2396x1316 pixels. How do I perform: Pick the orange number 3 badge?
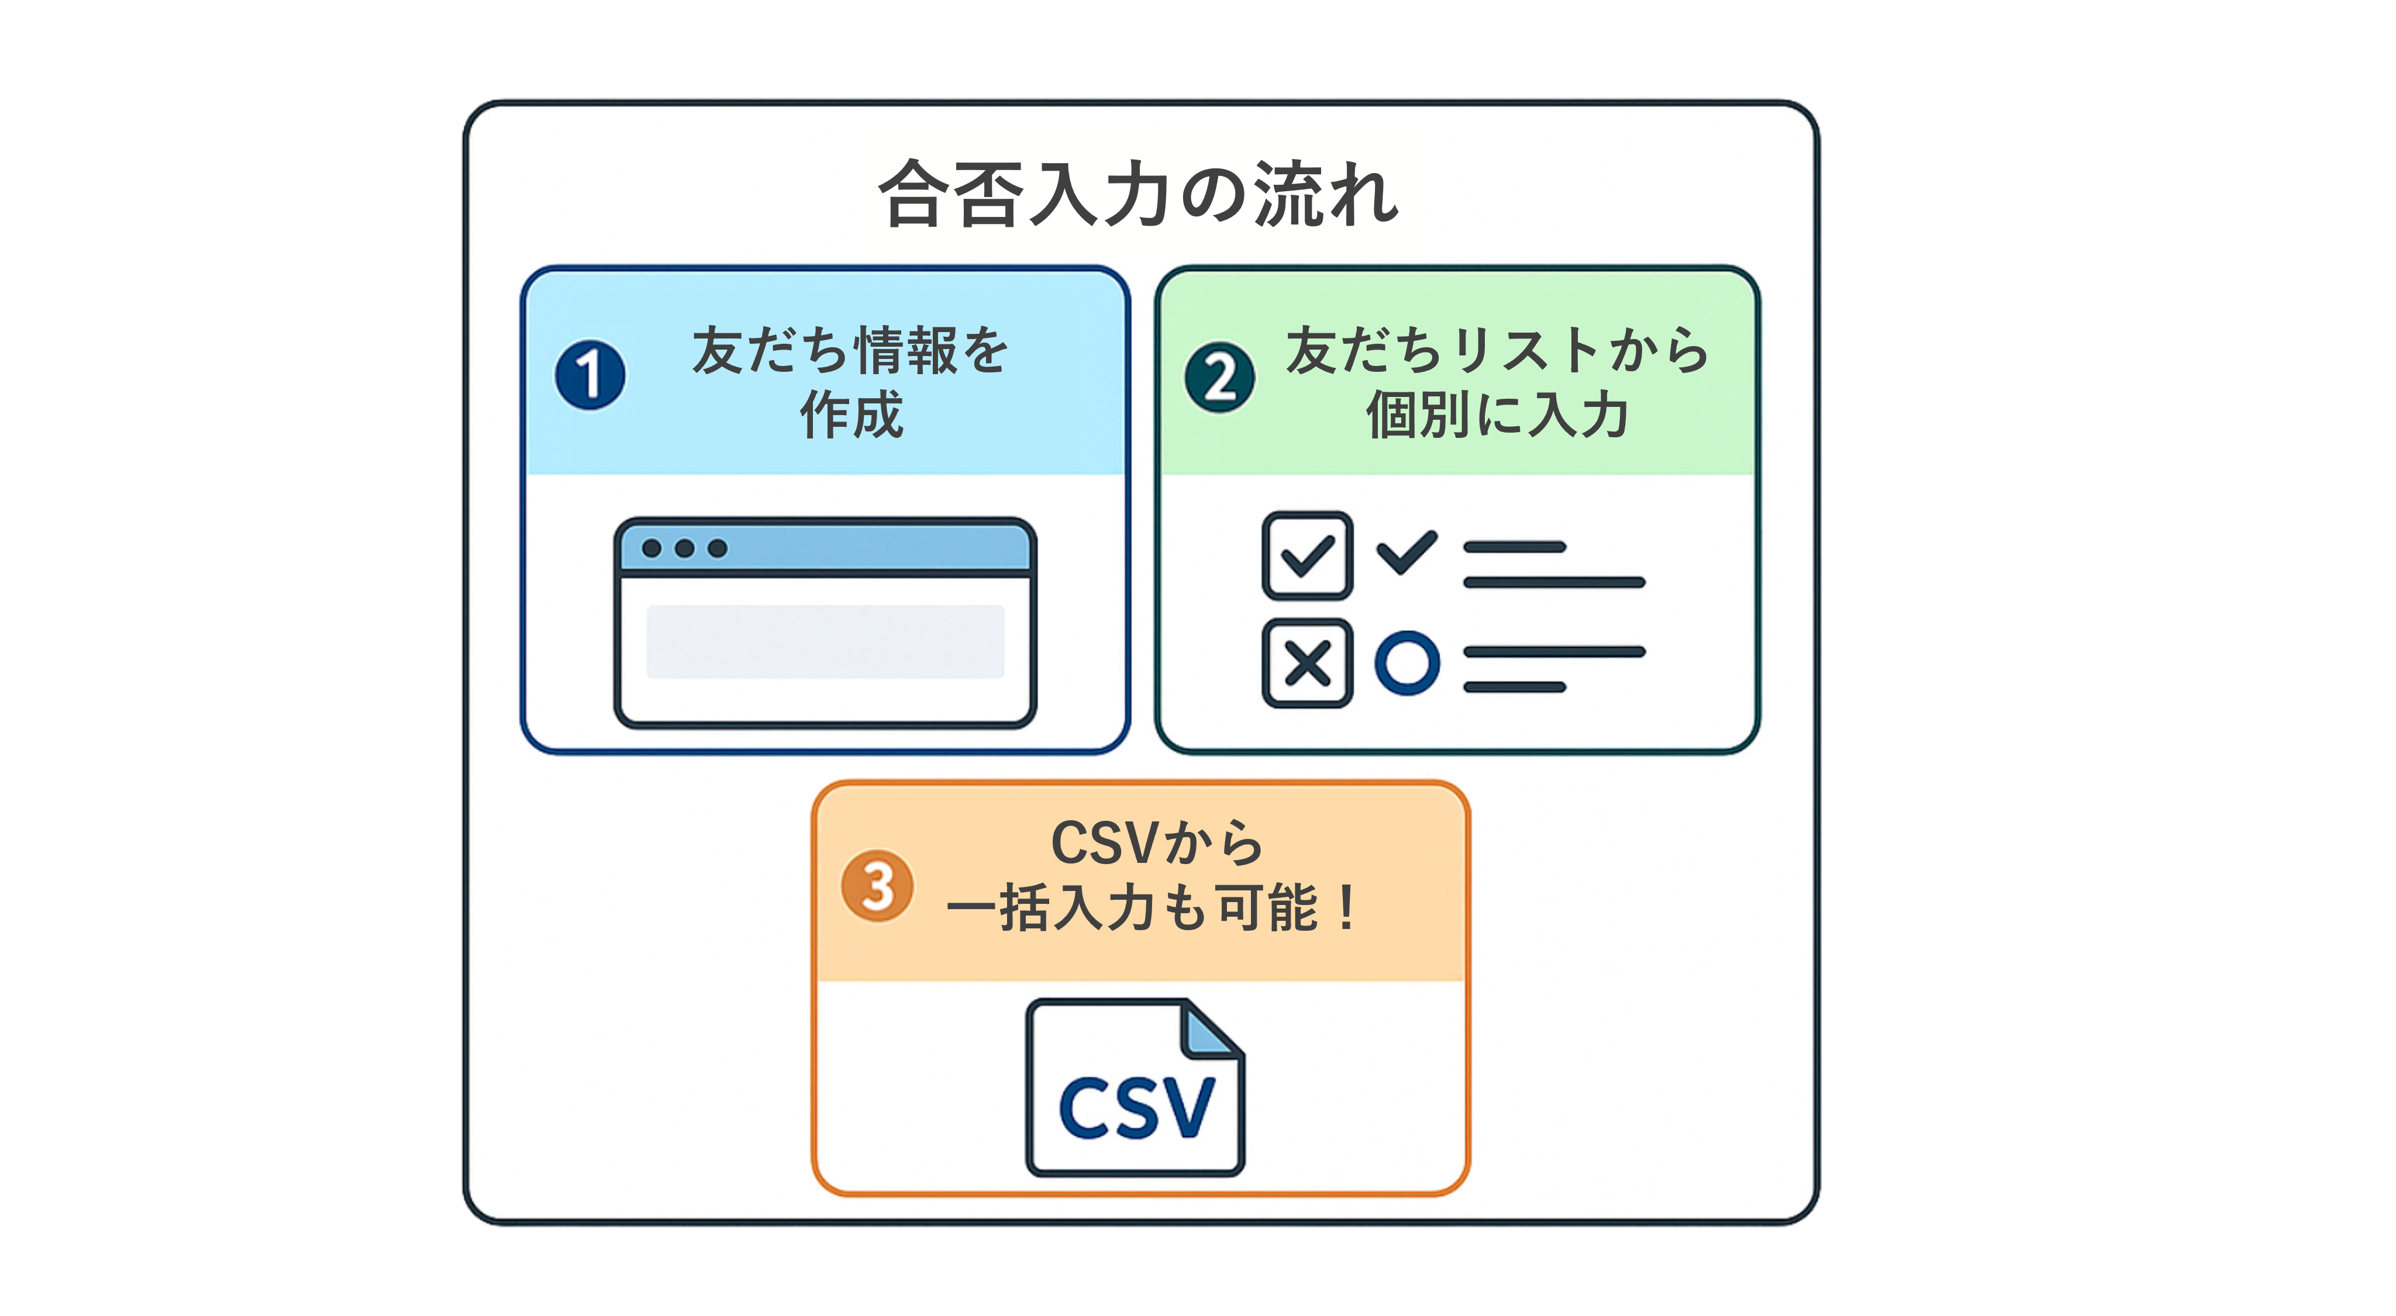pyautogui.click(x=877, y=885)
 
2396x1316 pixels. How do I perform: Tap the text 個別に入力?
pyautogui.click(x=1498, y=415)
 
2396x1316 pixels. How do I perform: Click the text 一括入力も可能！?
pyautogui.click(x=1153, y=908)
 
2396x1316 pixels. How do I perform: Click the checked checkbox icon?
pyautogui.click(x=1307, y=555)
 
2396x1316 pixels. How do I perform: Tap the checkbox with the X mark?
pyautogui.click(x=1307, y=663)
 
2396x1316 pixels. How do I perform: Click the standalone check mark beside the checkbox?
pyautogui.click(x=1407, y=552)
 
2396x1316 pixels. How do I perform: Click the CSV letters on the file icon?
pyautogui.click(x=1137, y=1108)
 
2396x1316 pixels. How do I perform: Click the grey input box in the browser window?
pyautogui.click(x=825, y=642)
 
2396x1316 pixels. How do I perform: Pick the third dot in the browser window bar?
pyautogui.click(x=717, y=549)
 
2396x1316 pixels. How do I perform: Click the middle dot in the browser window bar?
pyautogui.click(x=685, y=549)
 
